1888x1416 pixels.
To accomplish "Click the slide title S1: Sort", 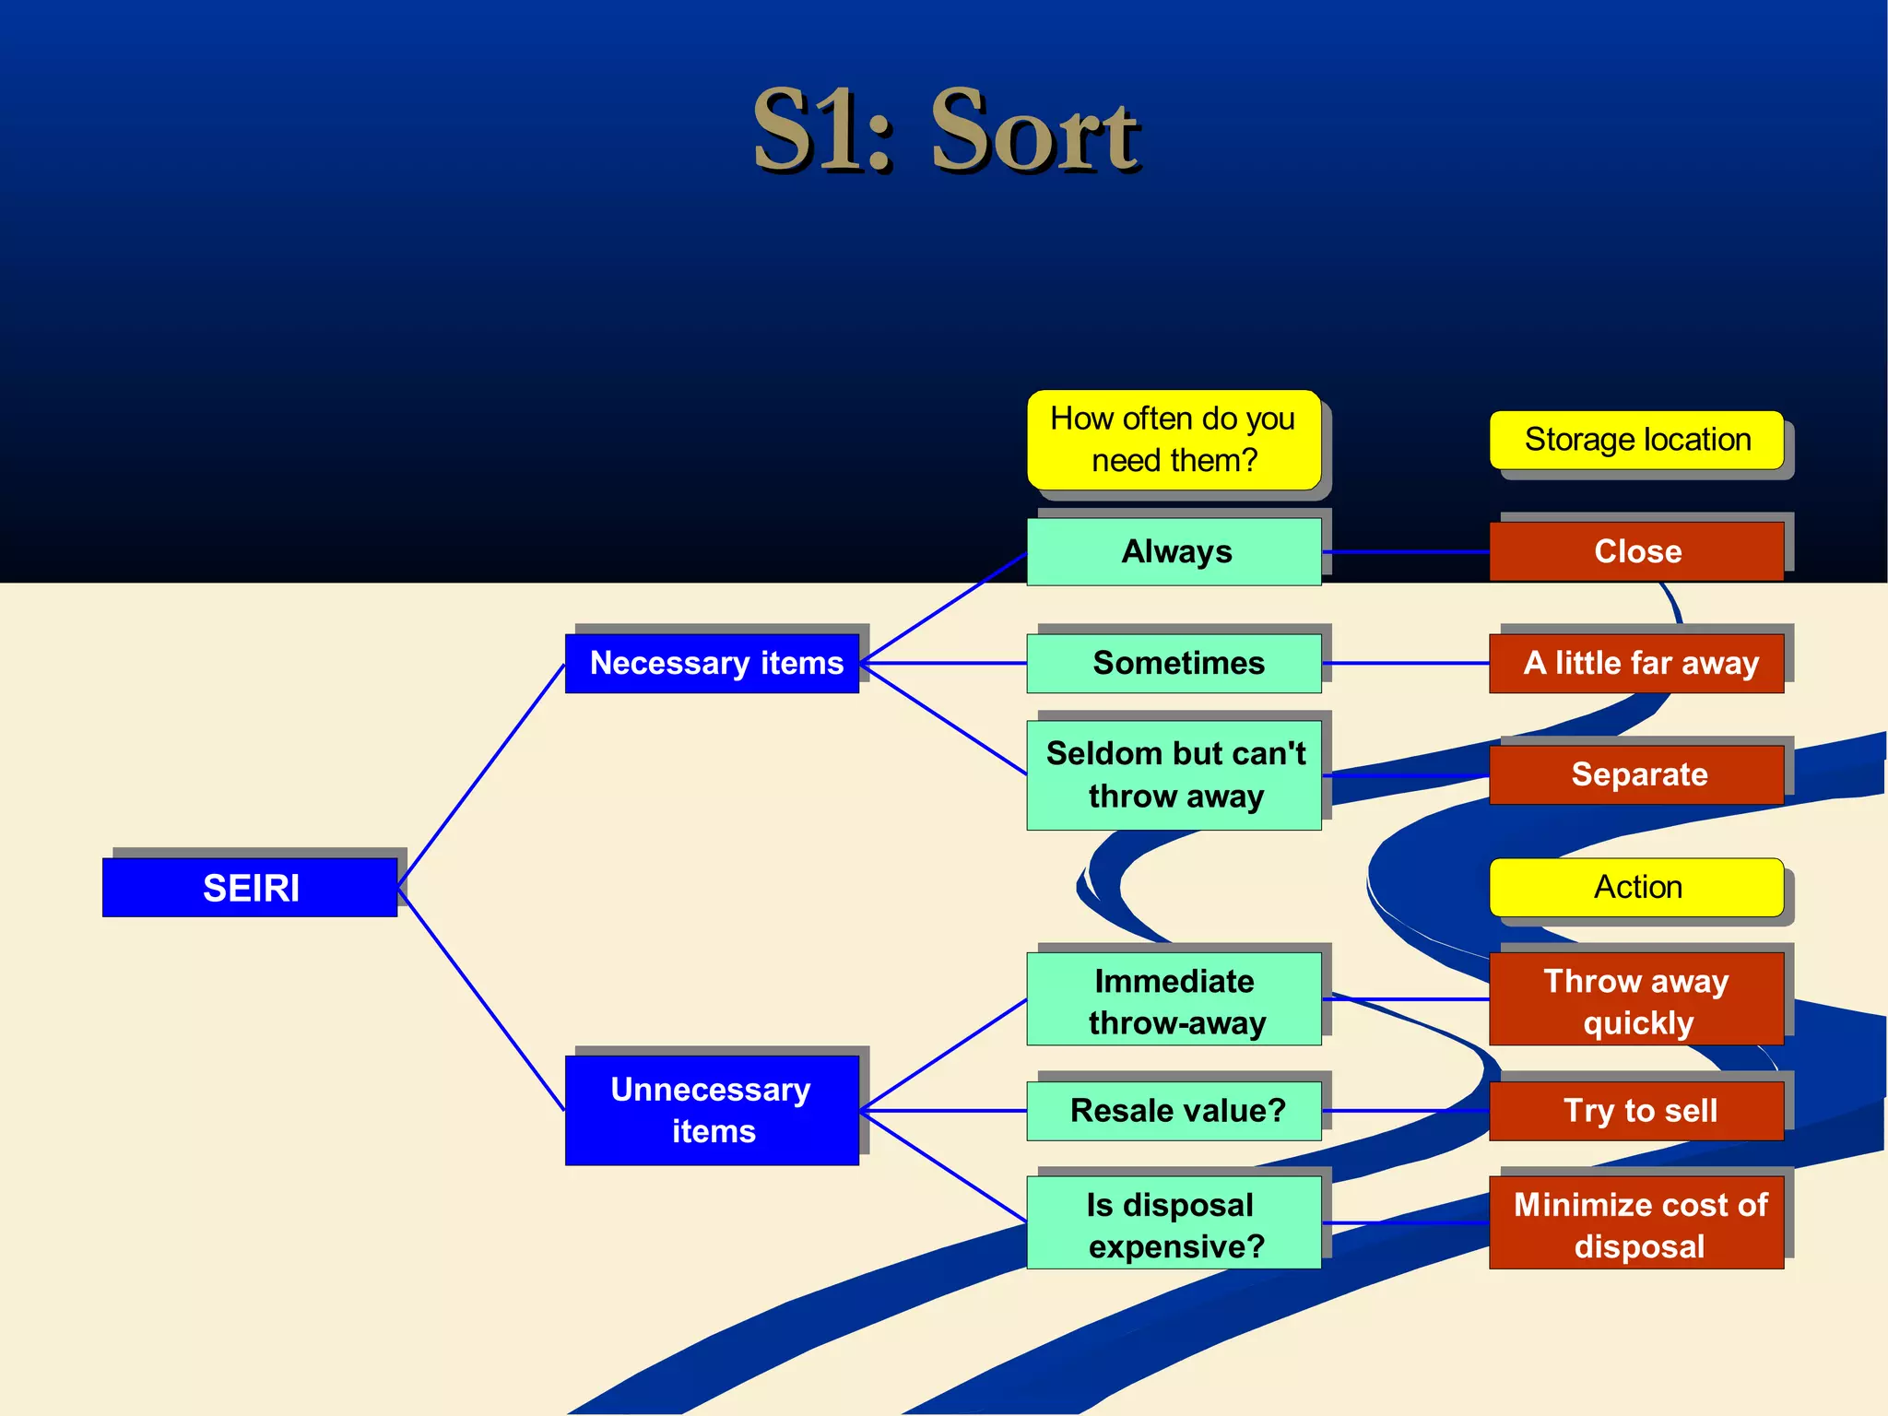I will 946,131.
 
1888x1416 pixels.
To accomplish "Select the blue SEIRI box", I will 250,887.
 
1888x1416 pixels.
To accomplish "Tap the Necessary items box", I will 713,663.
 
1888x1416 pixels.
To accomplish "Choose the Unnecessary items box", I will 713,1110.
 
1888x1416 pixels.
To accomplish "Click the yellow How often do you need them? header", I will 1174,440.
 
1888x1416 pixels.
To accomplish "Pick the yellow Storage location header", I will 1636,440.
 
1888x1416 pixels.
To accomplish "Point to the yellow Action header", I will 1636,887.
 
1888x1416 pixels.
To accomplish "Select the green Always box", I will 1174,551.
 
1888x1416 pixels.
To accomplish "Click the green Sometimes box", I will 1174,663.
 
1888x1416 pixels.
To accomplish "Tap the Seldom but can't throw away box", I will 1174,774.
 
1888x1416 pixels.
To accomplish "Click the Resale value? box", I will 1174,1110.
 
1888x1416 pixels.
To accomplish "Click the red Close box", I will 1636,551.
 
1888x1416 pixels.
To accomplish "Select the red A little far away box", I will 1636,663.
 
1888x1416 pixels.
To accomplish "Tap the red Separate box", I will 1636,774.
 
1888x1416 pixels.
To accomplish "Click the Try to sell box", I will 1636,1110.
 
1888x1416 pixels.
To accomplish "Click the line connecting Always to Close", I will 1405,551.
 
